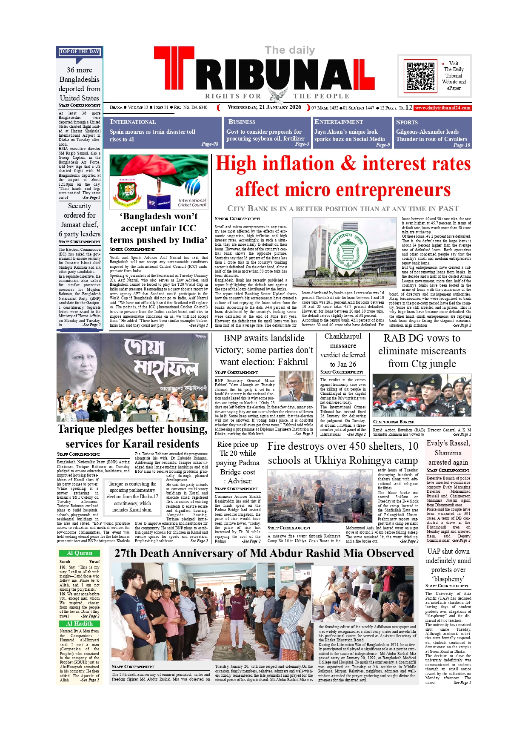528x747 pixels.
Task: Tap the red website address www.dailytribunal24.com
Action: [x=443, y=108]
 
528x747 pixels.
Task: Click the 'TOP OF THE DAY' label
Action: [x=80, y=52]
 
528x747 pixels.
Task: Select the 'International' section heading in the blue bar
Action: [x=133, y=122]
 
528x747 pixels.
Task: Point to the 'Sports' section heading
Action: [x=407, y=122]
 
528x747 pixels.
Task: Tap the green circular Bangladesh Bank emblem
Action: [x=345, y=250]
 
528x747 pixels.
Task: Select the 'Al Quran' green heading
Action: [x=80, y=553]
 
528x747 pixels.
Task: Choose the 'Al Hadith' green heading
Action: [x=80, y=623]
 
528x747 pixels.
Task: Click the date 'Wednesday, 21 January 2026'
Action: [x=264, y=107]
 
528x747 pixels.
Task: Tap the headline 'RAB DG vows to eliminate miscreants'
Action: [x=422, y=351]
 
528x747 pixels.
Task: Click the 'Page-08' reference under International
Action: [x=210, y=144]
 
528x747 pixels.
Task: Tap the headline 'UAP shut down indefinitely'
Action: [x=448, y=565]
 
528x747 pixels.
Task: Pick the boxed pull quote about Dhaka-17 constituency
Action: [x=132, y=497]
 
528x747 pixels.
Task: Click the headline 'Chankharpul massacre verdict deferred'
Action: [x=342, y=350]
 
